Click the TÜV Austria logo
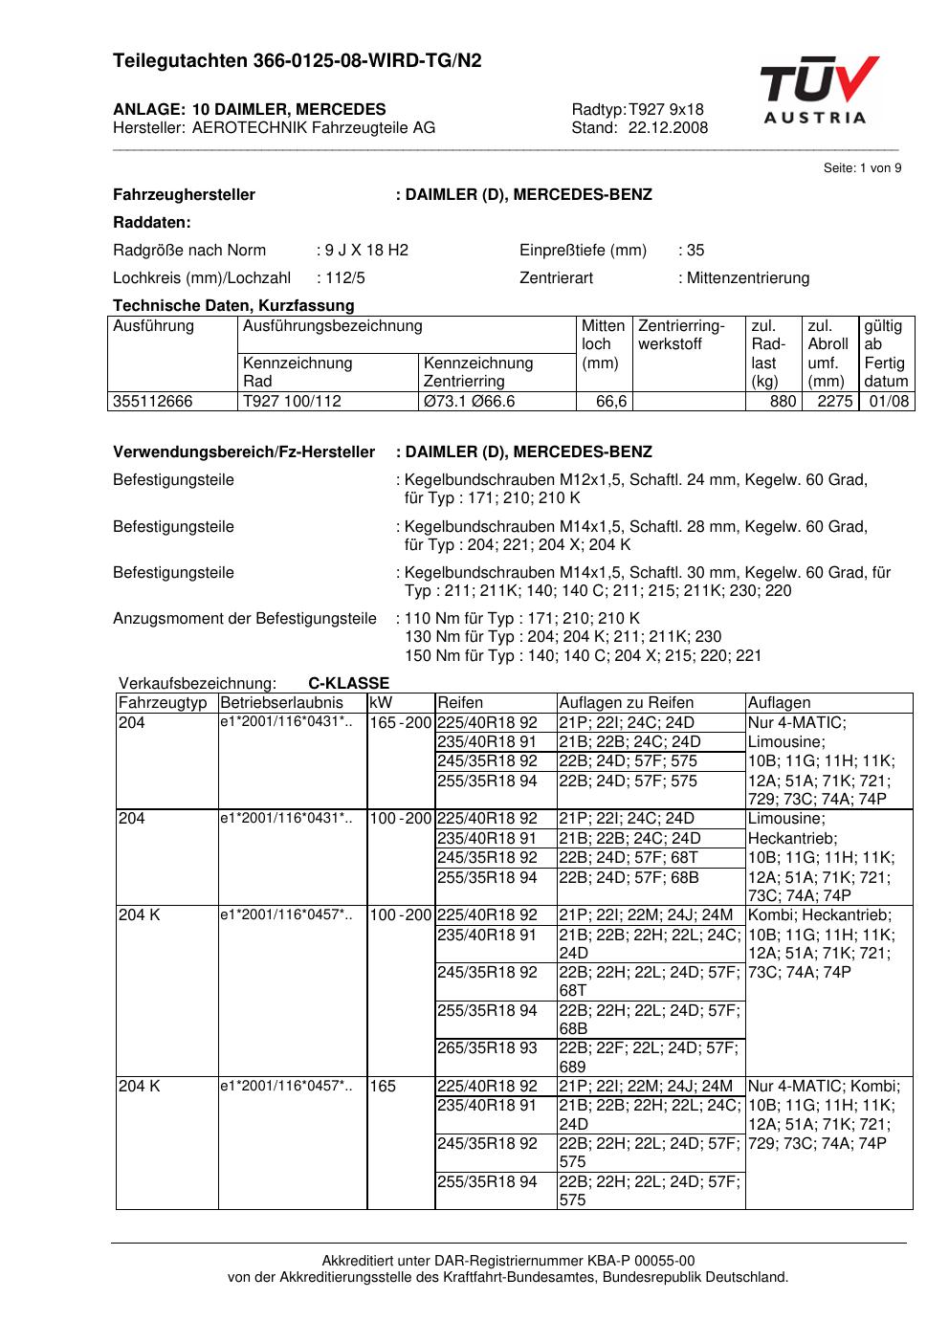point(819,90)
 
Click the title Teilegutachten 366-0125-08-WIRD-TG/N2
point(298,61)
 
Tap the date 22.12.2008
point(668,128)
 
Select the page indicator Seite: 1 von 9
point(862,168)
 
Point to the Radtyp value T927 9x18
point(666,109)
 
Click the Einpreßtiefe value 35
point(695,251)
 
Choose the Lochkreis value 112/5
point(345,278)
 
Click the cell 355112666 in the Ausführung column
point(153,402)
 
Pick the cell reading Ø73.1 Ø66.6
point(469,402)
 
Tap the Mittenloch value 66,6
point(611,402)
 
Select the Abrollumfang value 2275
point(834,402)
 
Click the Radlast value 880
point(783,402)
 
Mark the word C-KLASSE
point(348,683)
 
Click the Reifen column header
point(460,703)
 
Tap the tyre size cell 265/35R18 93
point(487,1048)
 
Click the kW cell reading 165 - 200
point(401,723)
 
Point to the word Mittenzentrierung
point(747,278)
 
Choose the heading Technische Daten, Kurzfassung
point(233,306)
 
